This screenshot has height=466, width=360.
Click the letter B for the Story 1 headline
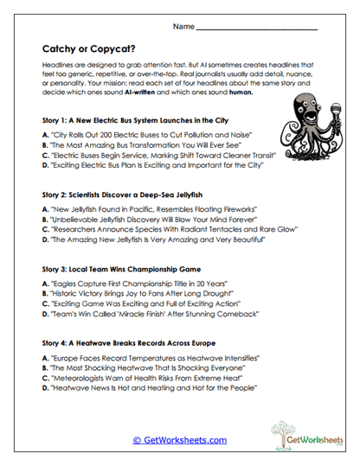[44, 148]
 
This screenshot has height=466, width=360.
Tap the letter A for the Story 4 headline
[44, 355]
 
